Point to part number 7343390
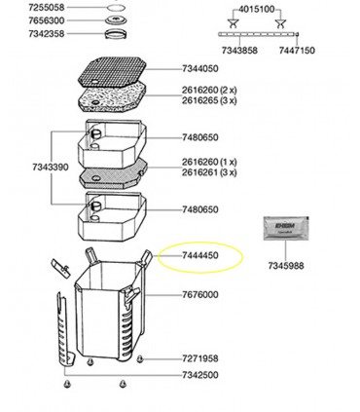[x=24, y=170]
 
